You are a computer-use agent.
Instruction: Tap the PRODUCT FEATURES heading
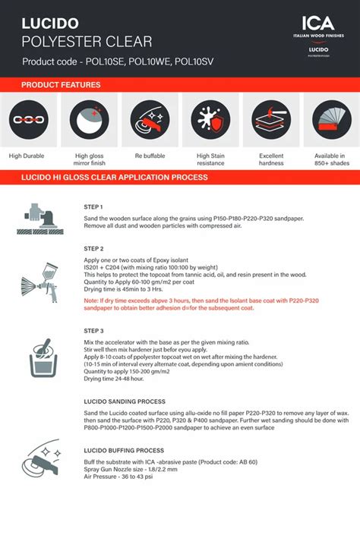[61, 85]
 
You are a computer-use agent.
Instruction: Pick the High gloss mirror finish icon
[88, 120]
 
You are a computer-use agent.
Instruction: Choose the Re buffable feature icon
[150, 120]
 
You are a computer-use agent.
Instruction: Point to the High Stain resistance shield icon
[210, 120]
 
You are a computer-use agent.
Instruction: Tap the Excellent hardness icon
[271, 120]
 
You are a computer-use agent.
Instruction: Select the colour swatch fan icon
[332, 120]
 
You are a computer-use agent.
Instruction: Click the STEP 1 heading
[93, 206]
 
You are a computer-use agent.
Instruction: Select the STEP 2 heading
[93, 249]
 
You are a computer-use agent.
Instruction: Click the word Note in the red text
[91, 301]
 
